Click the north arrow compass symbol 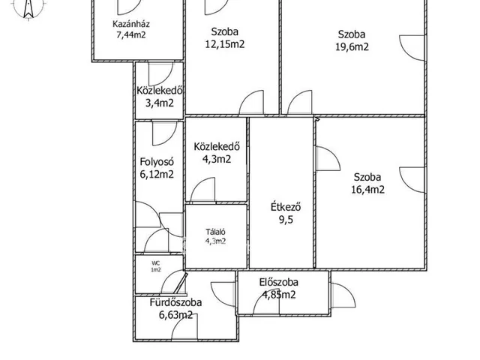point(28,9)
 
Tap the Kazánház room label point(131,24)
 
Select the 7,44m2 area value point(131,34)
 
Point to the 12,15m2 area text point(225,44)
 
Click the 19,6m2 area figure point(352,46)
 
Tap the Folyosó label point(157,162)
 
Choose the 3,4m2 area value point(159,103)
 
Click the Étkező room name point(286,207)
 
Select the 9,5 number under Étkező point(286,220)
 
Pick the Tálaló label point(215,232)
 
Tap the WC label point(155,263)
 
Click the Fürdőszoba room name point(175,302)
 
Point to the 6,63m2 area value point(175,315)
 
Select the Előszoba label point(278,282)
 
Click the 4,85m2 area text point(279,295)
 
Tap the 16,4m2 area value point(367,190)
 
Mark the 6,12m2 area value point(157,174)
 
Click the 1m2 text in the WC point(155,270)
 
